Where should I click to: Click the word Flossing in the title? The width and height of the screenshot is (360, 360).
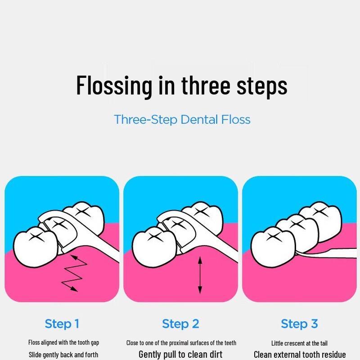[114, 85]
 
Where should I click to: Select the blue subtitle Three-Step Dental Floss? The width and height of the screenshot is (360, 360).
[182, 119]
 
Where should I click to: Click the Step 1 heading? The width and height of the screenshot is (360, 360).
[62, 324]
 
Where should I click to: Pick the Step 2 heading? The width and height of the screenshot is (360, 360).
[180, 324]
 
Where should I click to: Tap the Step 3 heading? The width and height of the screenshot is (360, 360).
[299, 324]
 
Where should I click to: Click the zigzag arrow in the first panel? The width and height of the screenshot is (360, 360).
[74, 273]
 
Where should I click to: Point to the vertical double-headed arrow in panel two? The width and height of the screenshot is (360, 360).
[200, 275]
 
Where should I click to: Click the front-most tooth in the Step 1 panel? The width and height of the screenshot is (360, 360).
[36, 246]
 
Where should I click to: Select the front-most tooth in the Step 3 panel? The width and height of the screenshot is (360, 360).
[273, 247]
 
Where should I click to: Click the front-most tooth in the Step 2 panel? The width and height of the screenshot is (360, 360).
[154, 246]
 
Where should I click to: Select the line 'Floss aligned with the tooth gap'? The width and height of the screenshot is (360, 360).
[63, 342]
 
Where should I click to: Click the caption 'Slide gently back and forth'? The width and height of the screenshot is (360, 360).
[63, 355]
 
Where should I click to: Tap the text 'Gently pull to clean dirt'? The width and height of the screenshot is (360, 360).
[180, 354]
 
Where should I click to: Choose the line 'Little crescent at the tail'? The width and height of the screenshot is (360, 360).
[299, 343]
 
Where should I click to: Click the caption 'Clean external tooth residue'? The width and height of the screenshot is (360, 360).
[300, 355]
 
